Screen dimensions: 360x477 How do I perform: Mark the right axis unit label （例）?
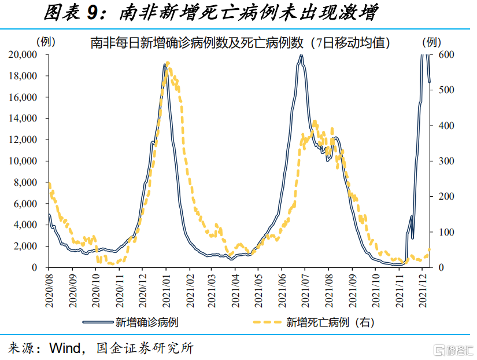(432, 42)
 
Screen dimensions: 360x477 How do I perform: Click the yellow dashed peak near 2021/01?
(168, 64)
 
